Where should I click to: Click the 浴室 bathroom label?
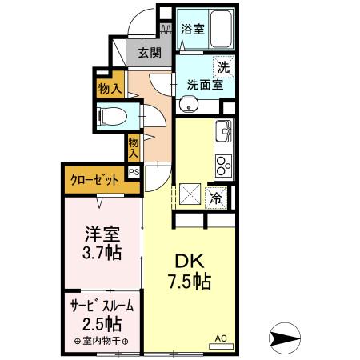(x=192, y=30)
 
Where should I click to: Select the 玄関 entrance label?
(x=149, y=54)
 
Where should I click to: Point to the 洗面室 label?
(x=204, y=83)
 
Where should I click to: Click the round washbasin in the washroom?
(x=189, y=102)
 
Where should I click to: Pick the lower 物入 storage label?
(x=134, y=146)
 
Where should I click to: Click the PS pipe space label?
(x=134, y=171)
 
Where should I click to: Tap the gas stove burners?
(x=222, y=164)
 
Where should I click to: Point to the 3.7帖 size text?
(x=103, y=254)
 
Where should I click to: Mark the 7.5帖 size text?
(x=189, y=282)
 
